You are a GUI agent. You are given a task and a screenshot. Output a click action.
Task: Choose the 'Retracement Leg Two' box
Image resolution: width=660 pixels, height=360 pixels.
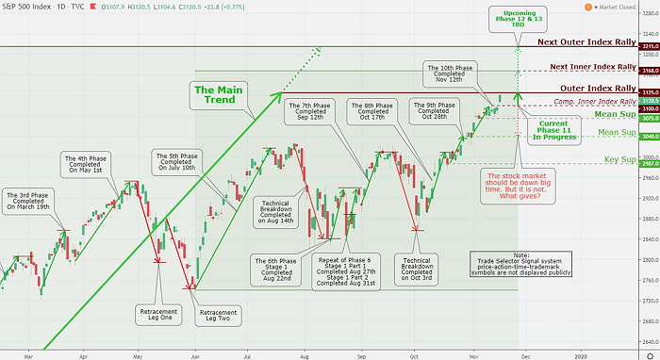pos(218,313)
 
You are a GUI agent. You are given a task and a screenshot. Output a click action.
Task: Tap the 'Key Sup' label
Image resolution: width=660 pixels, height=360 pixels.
pos(618,161)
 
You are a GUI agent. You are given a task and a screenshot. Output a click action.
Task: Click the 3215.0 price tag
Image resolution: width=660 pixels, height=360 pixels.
pos(648,45)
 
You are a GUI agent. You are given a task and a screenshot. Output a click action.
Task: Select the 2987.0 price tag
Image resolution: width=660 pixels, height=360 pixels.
pos(648,163)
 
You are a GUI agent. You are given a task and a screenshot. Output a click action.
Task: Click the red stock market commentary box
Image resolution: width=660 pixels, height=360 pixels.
pos(517,184)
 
